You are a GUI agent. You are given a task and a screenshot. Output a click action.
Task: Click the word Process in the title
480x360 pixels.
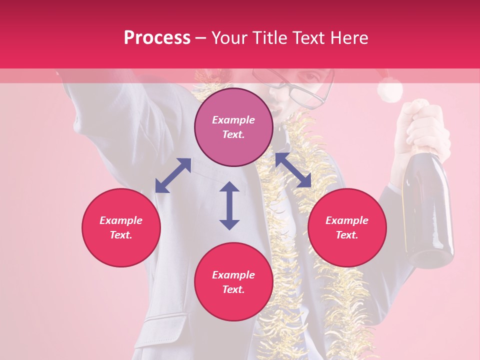pyautogui.click(x=157, y=38)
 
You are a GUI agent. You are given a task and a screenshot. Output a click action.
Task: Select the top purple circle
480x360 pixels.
pyautogui.click(x=233, y=127)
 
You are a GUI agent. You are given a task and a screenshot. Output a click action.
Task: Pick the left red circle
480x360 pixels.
pyautogui.click(x=121, y=227)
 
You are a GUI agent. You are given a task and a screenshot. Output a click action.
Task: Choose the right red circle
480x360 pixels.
pyautogui.click(x=347, y=227)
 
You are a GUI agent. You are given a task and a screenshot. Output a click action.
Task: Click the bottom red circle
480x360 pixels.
pyautogui.click(x=233, y=281)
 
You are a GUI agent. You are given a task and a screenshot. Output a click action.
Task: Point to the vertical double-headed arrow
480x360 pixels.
pyautogui.click(x=229, y=205)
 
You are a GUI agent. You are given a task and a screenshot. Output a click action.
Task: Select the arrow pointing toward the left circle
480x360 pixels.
pyautogui.click(x=173, y=175)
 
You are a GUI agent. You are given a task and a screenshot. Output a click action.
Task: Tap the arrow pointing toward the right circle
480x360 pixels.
pyautogui.click(x=293, y=171)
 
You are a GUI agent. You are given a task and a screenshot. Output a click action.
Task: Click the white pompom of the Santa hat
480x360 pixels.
pyautogui.click(x=389, y=91)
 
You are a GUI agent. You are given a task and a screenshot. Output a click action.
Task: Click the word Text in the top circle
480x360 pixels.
pyautogui.click(x=233, y=134)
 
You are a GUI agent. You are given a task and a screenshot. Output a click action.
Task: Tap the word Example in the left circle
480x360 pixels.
pyautogui.click(x=121, y=220)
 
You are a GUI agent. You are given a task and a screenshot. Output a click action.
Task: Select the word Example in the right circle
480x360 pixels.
pyautogui.click(x=347, y=220)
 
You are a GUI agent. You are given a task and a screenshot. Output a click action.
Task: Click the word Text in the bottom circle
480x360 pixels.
pyautogui.click(x=233, y=289)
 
